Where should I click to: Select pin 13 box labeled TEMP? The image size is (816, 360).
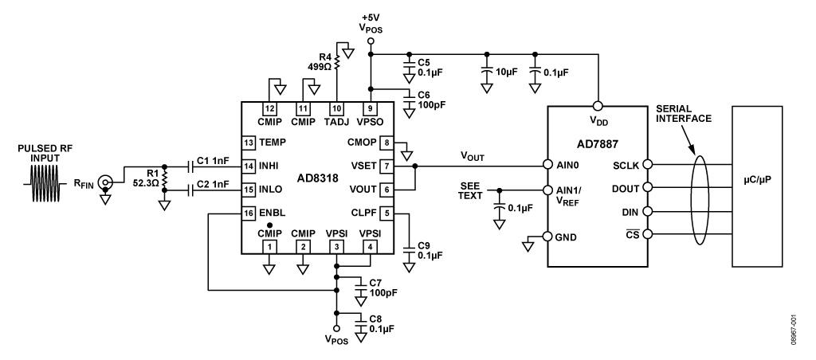(249, 143)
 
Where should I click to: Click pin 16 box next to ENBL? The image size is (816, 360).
(249, 213)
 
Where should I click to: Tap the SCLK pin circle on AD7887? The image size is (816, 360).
(646, 165)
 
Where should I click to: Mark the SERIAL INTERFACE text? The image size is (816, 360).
(685, 112)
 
